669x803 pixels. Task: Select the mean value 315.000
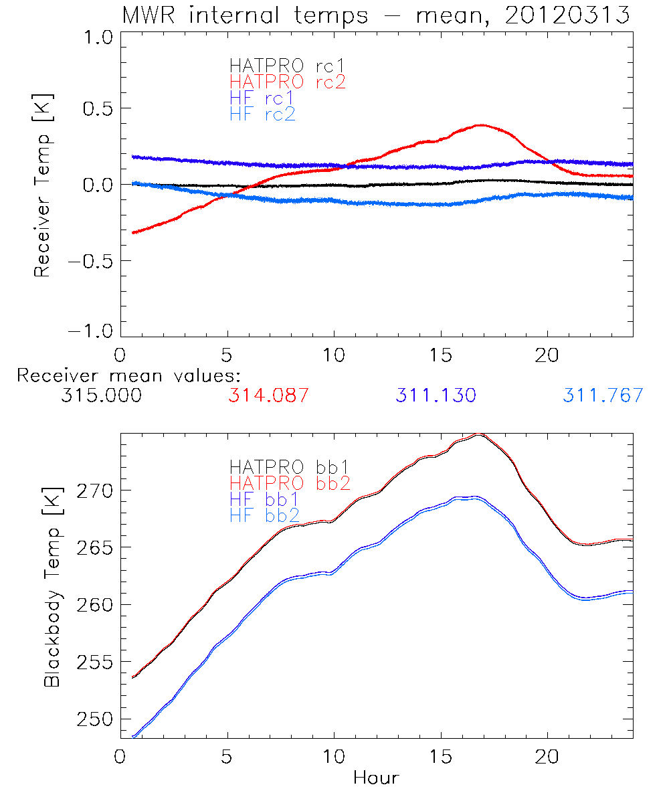(x=101, y=395)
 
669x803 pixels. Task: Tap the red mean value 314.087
(x=268, y=395)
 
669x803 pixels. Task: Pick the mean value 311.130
(x=436, y=395)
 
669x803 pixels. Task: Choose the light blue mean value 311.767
(x=603, y=395)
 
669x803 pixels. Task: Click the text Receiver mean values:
(x=128, y=375)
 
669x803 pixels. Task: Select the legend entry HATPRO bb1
(x=289, y=466)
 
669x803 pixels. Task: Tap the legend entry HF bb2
(x=264, y=515)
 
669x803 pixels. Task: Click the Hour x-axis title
(x=376, y=778)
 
